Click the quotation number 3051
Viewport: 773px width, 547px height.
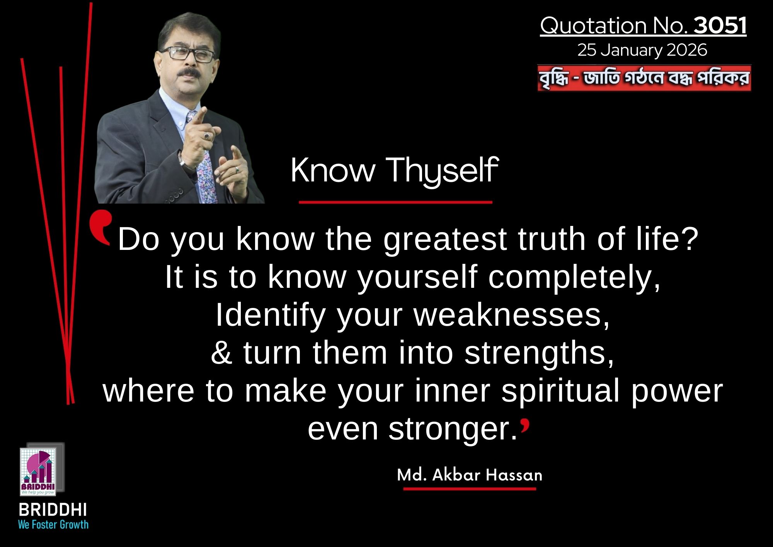coord(720,26)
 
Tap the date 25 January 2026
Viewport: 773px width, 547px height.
coord(642,50)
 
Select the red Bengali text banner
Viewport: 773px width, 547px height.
coord(644,78)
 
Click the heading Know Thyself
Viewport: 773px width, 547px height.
coord(394,170)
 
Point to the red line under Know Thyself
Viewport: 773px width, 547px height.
coord(395,202)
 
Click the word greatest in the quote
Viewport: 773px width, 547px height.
coord(445,239)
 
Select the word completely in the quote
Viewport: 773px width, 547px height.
coord(574,277)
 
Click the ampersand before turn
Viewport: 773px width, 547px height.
coord(221,352)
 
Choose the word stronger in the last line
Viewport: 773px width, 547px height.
coord(453,429)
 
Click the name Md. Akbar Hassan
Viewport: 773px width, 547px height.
coord(470,475)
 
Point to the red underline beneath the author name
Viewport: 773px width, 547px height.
coord(470,489)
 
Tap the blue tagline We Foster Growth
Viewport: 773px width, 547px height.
coord(53,525)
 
